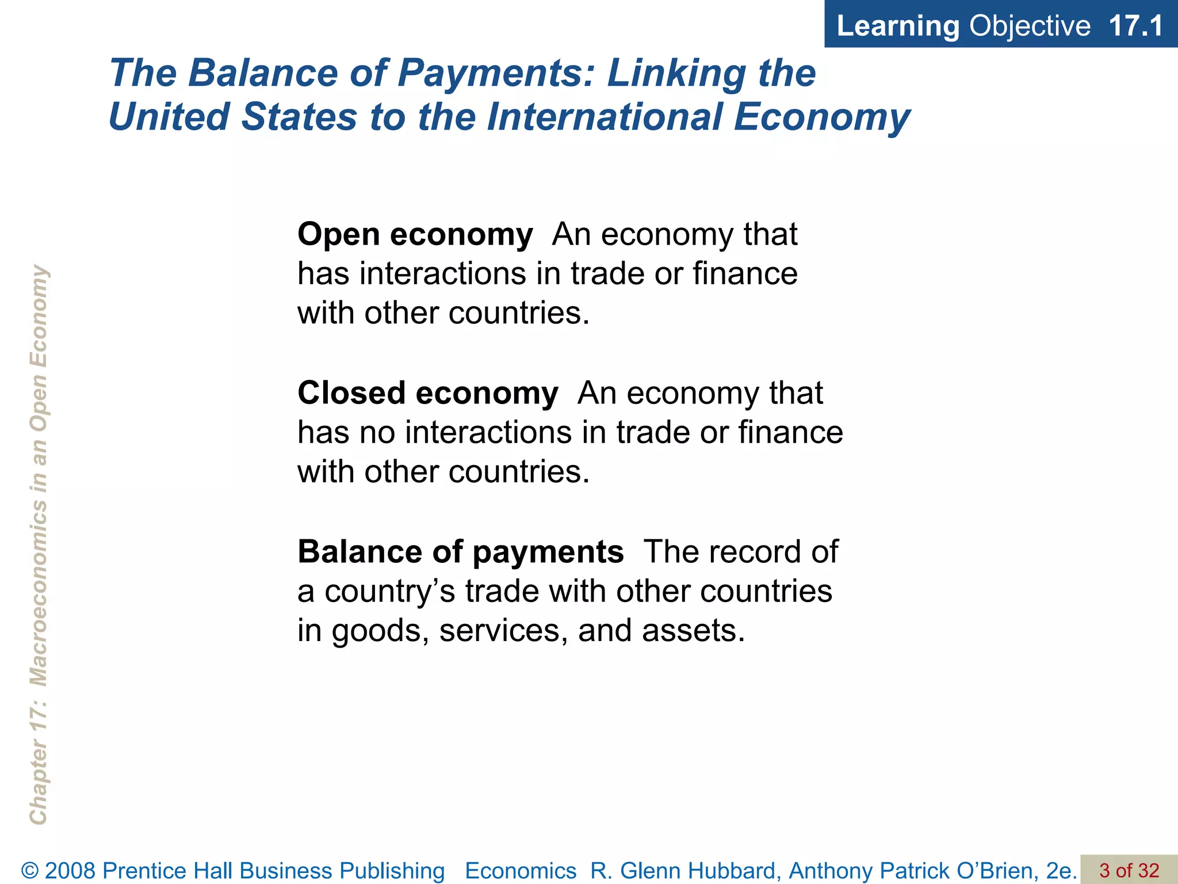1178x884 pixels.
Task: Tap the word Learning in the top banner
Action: [898, 26]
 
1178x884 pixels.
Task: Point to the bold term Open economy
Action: [415, 235]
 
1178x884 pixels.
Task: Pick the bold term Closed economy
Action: [427, 393]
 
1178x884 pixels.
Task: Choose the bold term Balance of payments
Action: [460, 552]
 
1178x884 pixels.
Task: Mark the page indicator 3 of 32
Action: [1129, 870]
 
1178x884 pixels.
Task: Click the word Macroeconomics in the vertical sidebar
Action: [39, 593]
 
